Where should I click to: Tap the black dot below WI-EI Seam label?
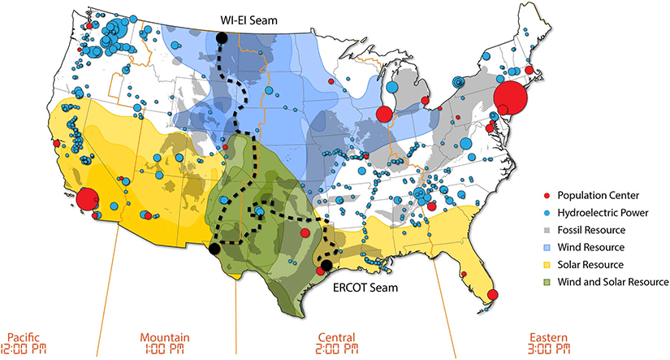(x=220, y=38)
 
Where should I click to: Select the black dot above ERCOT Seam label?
(x=325, y=266)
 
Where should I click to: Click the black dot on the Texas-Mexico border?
(x=213, y=249)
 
